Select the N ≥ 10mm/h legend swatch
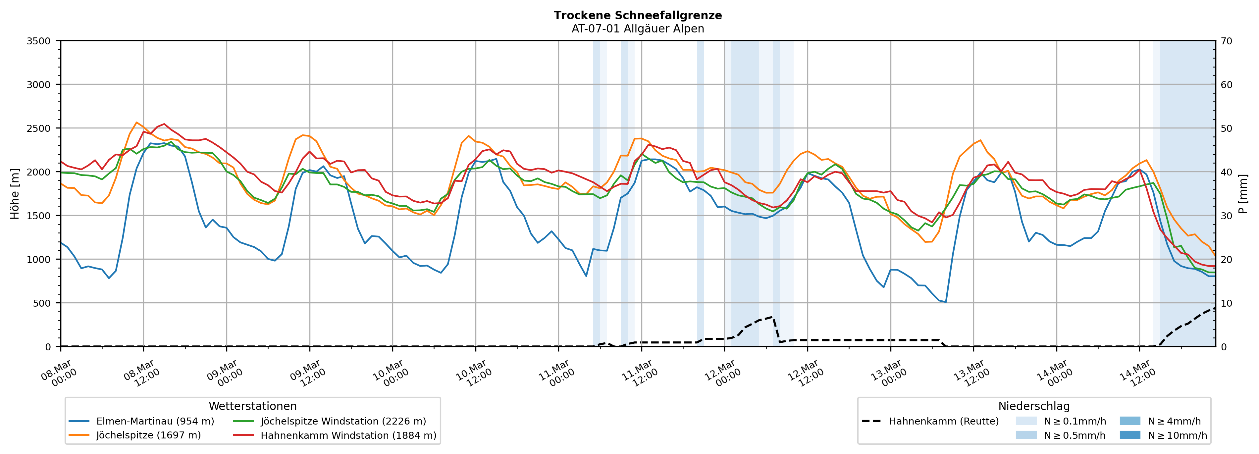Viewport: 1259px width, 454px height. [x=1129, y=435]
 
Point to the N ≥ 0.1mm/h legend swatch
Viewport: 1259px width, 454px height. [x=1025, y=421]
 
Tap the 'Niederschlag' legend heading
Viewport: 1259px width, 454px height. [x=1034, y=406]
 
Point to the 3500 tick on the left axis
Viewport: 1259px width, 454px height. [x=39, y=41]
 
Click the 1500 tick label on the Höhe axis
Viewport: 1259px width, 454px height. [x=39, y=216]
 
